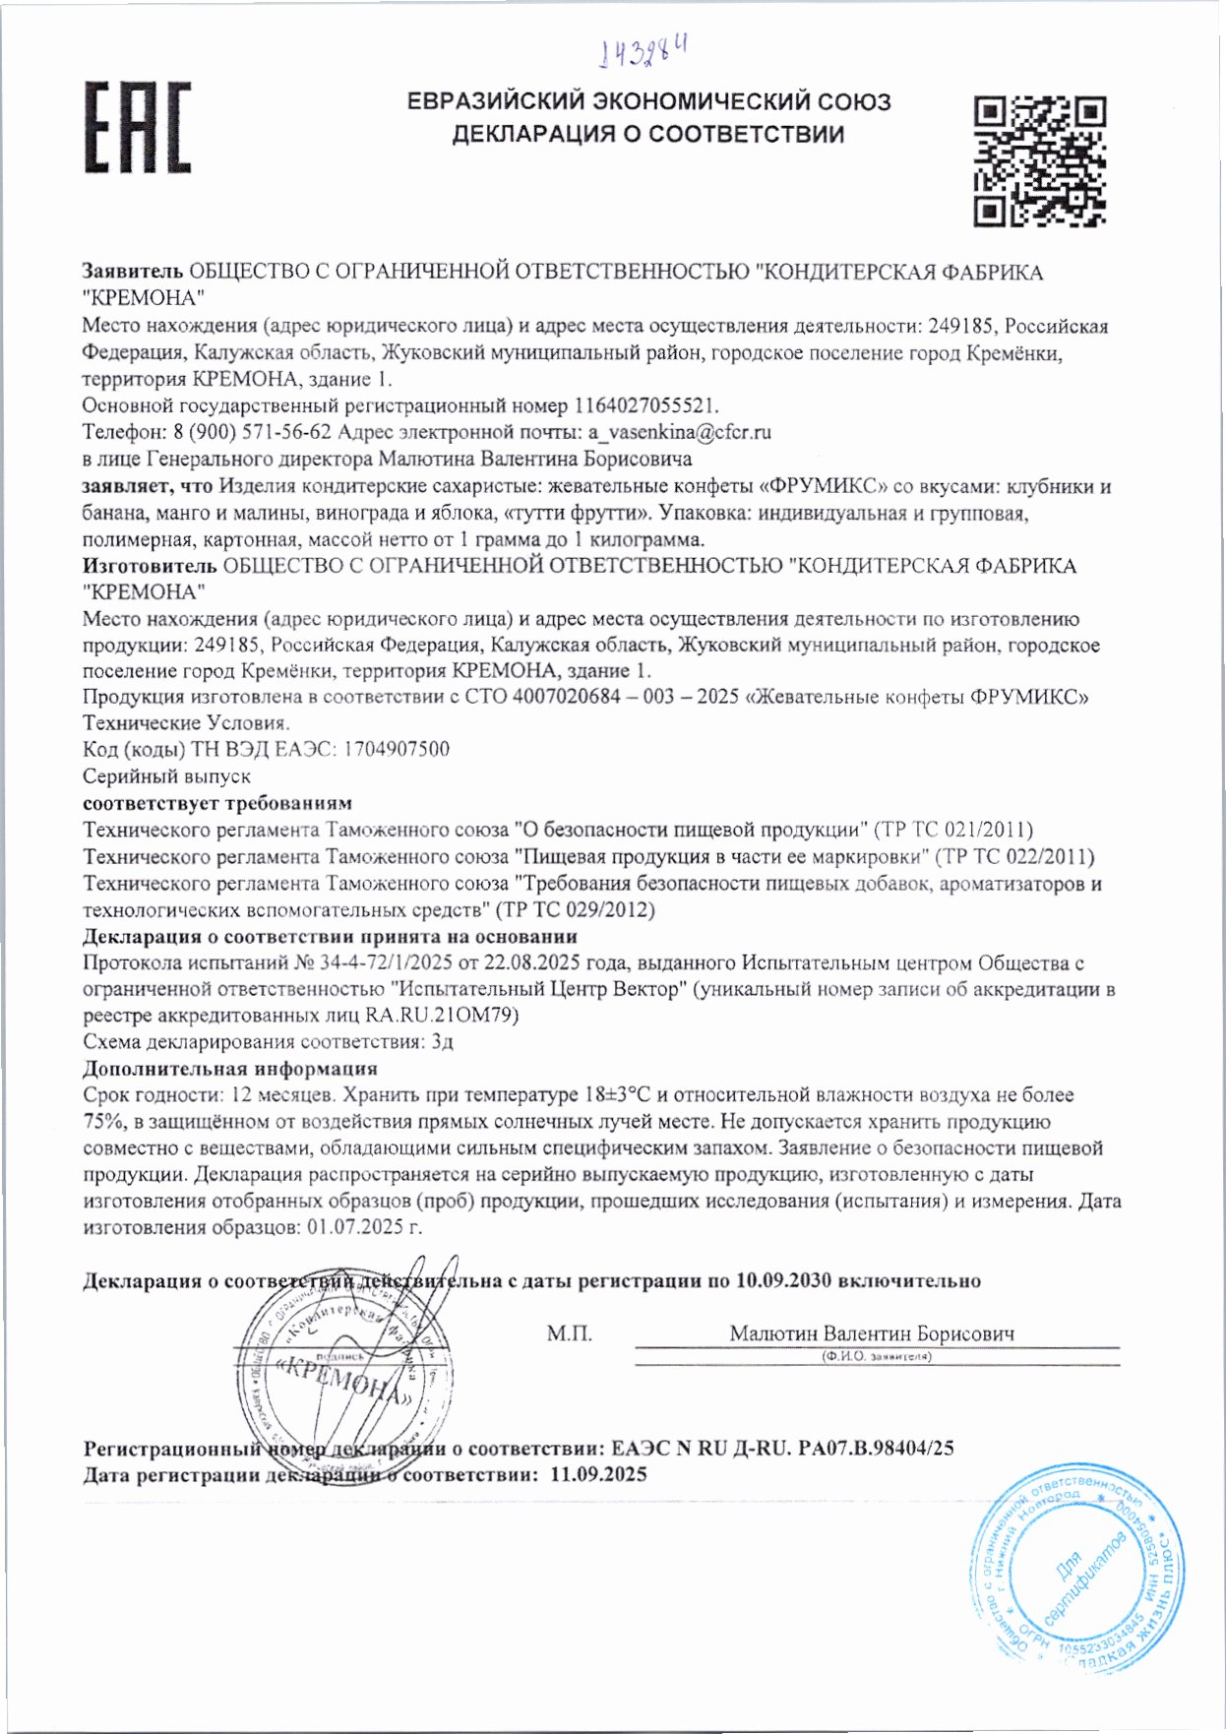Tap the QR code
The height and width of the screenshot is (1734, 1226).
[x=1039, y=161]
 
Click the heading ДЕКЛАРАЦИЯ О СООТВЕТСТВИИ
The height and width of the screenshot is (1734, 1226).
[x=647, y=135]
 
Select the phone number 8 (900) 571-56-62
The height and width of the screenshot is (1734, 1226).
[x=253, y=432]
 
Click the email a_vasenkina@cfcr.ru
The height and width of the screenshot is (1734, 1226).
[x=679, y=432]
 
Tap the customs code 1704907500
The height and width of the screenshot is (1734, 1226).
[x=396, y=749]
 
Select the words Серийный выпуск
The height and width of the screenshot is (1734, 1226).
[x=166, y=776]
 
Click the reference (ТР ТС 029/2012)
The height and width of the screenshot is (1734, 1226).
[x=576, y=909]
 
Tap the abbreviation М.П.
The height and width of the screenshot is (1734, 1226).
[x=569, y=1334]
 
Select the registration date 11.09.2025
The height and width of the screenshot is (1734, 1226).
[x=598, y=1474]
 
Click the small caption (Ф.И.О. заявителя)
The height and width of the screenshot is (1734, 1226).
[x=876, y=1356]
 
